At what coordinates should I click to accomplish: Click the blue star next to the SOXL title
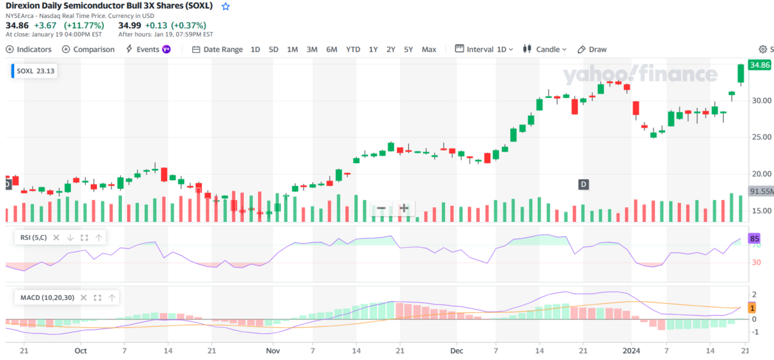pyautogui.click(x=226, y=6)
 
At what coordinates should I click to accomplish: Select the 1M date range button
pyautogui.click(x=292, y=50)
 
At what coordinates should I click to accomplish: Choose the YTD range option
pyautogui.click(x=353, y=50)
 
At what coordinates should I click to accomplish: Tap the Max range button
pyautogui.click(x=429, y=50)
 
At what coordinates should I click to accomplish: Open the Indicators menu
pyautogui.click(x=28, y=50)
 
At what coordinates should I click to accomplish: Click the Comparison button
pyautogui.click(x=88, y=50)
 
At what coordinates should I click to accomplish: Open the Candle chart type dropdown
pyautogui.click(x=544, y=50)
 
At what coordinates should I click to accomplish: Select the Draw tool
pyautogui.click(x=592, y=50)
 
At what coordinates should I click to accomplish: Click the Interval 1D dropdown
pyautogui.click(x=484, y=50)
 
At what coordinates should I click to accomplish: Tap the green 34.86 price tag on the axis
pyautogui.click(x=760, y=65)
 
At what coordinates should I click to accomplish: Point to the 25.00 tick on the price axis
pyautogui.click(x=762, y=137)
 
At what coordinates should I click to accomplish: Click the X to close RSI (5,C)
pyautogui.click(x=56, y=237)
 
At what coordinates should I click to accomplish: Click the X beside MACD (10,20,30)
pyautogui.click(x=83, y=297)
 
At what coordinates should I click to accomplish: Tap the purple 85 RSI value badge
pyautogui.click(x=754, y=239)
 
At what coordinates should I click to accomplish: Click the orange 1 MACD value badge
pyautogui.click(x=752, y=308)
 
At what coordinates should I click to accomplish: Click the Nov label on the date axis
pyautogui.click(x=273, y=351)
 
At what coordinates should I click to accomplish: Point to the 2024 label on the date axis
pyautogui.click(x=631, y=351)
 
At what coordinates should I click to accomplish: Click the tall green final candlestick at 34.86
pyautogui.click(x=741, y=74)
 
